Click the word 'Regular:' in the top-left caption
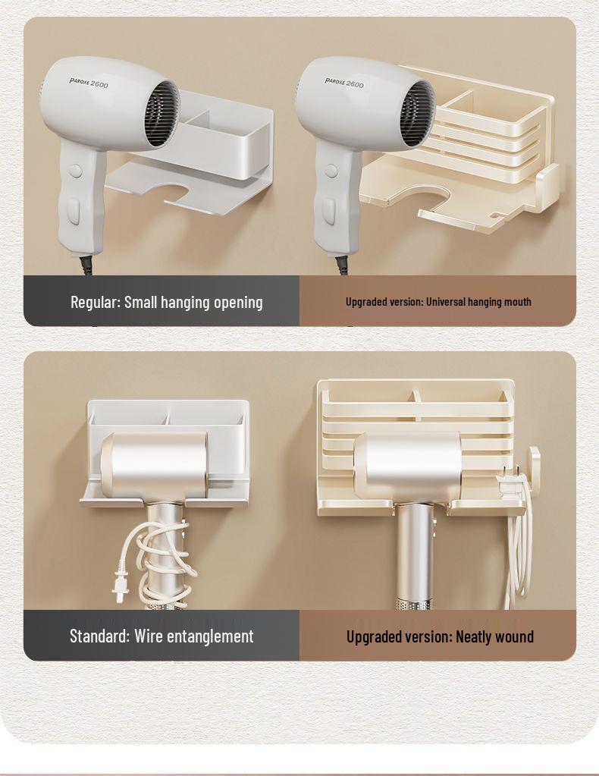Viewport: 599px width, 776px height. pos(96,302)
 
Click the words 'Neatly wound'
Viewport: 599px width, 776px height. pos(494,637)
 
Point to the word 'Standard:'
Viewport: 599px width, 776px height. pos(99,636)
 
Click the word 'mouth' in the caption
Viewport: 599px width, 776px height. pos(517,302)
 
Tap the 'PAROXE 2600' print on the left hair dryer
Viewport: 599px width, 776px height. pos(89,82)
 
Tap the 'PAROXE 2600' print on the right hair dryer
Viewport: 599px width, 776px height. pos(344,83)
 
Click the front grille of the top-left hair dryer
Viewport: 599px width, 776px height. pos(162,114)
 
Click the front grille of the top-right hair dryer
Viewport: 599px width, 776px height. pos(418,114)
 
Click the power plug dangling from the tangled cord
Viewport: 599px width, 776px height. pos(121,586)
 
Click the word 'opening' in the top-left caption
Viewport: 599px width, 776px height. pos(238,302)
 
